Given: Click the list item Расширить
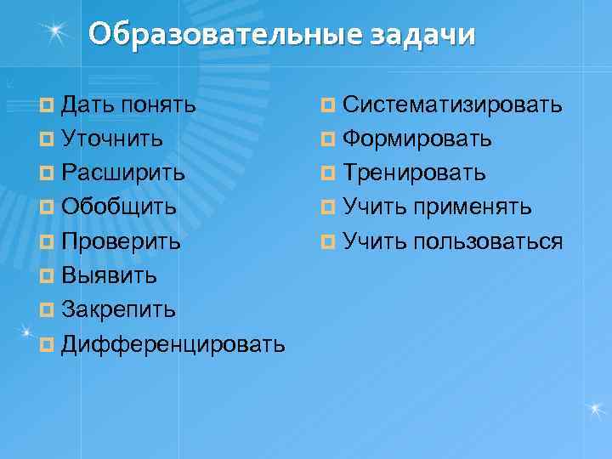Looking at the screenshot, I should click(124, 173).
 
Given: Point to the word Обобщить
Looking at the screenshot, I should click(120, 207).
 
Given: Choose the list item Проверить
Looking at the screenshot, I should click(122, 242).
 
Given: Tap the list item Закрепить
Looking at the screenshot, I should click(120, 310).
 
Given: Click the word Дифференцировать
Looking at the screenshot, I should click(173, 345).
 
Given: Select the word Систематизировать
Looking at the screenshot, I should click(453, 105).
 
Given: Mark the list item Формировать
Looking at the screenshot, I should click(417, 139).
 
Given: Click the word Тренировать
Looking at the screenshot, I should click(415, 173).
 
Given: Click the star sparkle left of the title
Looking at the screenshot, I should click(56, 32).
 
